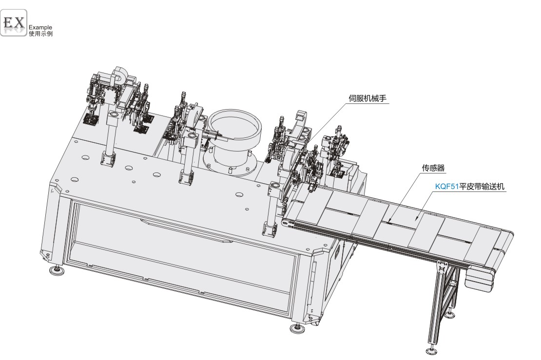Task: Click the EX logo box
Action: click(x=14, y=22)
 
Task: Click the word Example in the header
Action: click(x=40, y=27)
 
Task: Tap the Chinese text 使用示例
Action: click(x=41, y=34)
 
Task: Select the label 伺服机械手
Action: click(x=367, y=98)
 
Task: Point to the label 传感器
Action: click(x=433, y=168)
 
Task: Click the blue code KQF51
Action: click(x=447, y=187)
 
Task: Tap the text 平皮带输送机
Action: click(x=482, y=187)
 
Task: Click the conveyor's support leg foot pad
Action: click(x=431, y=351)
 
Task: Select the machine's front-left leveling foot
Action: click(x=57, y=271)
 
